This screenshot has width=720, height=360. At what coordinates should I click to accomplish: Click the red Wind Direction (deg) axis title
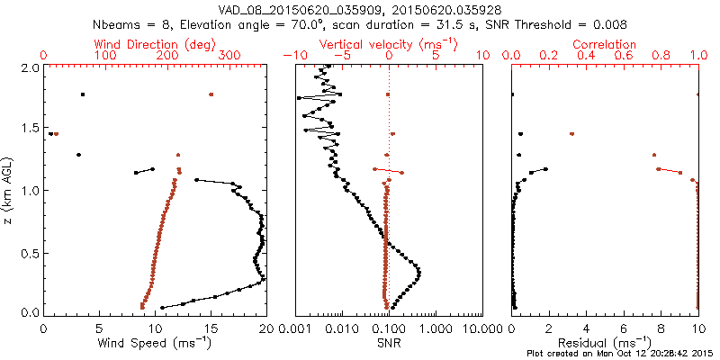pos(154,44)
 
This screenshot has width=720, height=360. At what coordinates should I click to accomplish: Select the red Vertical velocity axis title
pos(389,44)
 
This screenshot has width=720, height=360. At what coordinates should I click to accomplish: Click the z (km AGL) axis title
pos(11,190)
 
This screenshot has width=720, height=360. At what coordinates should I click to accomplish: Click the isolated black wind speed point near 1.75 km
pos(83,94)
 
